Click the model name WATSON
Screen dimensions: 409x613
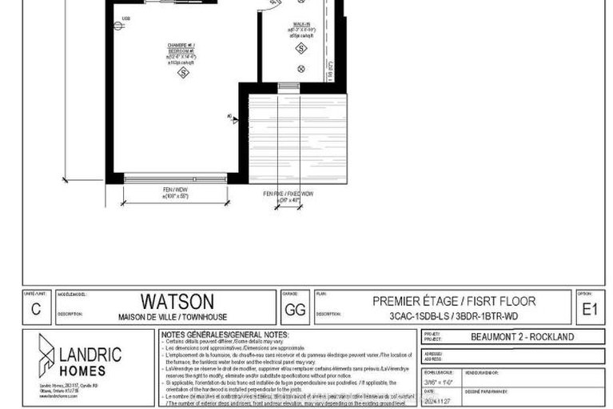(177, 301)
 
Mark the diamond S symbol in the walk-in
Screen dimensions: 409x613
(301, 49)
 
